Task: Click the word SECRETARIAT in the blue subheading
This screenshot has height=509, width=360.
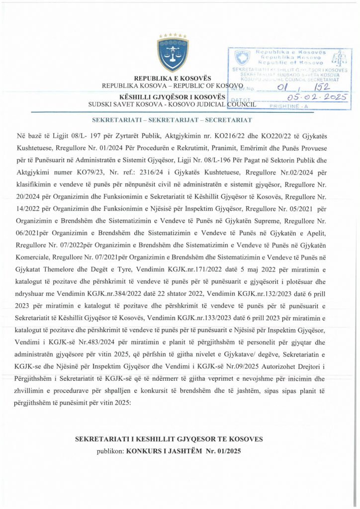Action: (x=231, y=120)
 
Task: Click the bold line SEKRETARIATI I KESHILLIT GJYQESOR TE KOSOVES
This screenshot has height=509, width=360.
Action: (x=169, y=440)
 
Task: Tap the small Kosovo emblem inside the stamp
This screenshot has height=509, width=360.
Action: (x=242, y=55)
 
